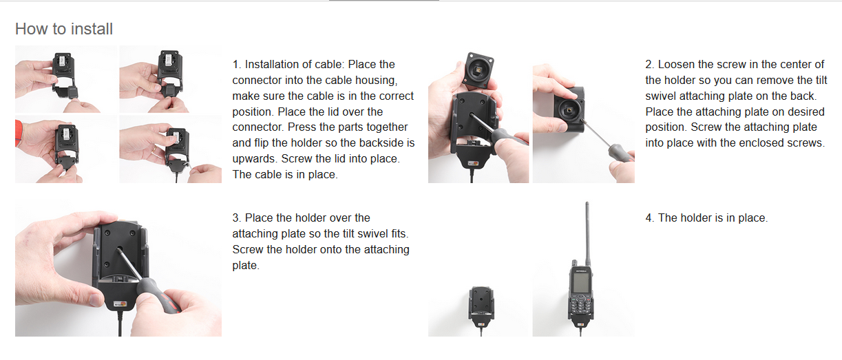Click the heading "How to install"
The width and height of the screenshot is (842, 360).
click(64, 29)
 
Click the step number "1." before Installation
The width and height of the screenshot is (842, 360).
click(236, 64)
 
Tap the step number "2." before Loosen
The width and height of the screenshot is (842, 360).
click(651, 64)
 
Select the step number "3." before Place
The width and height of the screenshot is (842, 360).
click(237, 218)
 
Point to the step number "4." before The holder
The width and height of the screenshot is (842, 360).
click(651, 218)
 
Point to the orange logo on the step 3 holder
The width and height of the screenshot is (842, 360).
click(120, 304)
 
